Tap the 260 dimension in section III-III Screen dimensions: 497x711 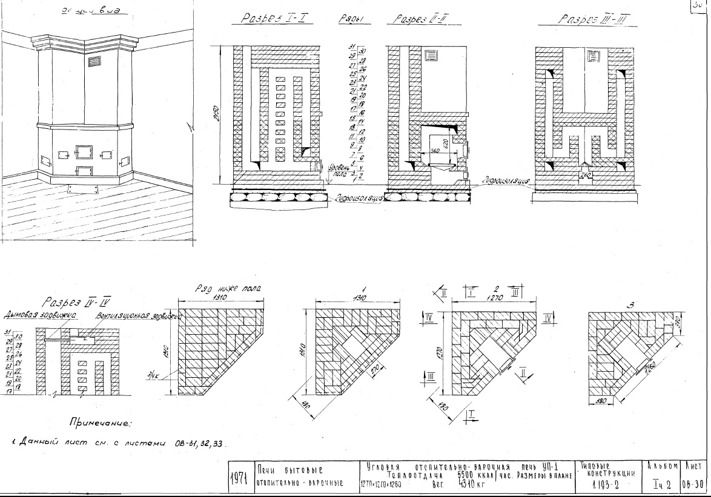tap(586, 176)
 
